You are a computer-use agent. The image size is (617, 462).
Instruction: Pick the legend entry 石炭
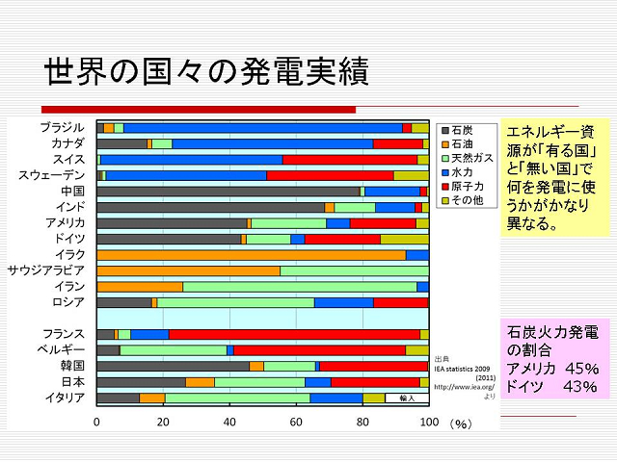(462, 129)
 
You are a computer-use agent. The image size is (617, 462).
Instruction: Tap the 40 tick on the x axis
(229, 423)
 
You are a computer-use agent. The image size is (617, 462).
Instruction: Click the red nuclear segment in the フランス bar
(294, 334)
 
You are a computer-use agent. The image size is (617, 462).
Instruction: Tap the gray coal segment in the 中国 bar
(228, 192)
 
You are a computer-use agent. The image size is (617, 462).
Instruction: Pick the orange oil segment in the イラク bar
(251, 255)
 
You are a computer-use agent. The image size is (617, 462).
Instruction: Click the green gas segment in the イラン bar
(299, 287)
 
